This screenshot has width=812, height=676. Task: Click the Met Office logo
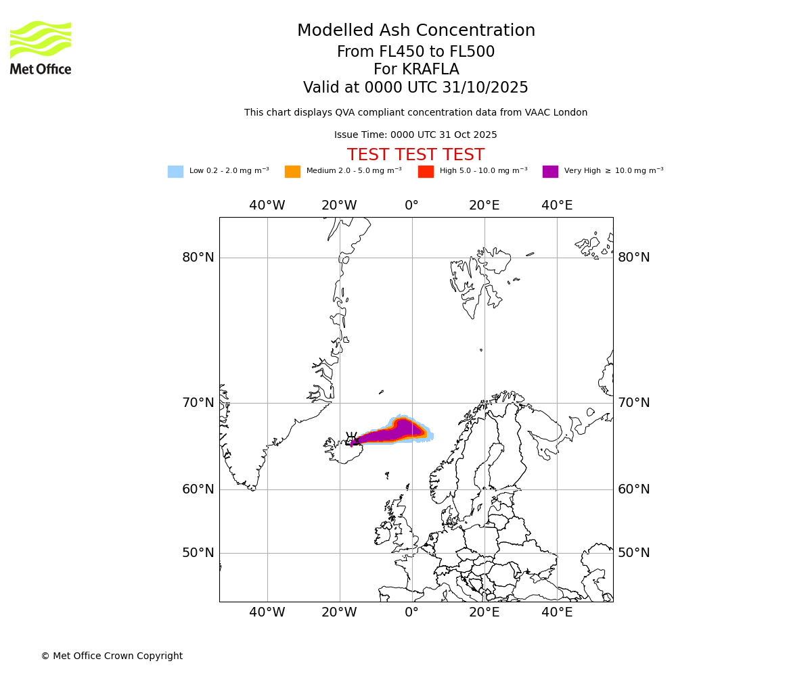(41, 47)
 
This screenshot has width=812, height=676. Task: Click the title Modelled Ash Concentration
(416, 31)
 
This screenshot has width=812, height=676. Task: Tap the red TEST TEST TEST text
(416, 155)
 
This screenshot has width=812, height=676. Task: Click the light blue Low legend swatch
(175, 172)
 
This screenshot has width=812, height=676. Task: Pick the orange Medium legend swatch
(292, 172)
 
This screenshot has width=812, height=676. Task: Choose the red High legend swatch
(426, 172)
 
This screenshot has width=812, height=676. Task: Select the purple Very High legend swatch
(550, 172)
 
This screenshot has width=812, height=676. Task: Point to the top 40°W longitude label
(267, 206)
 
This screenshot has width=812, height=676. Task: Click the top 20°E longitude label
(484, 206)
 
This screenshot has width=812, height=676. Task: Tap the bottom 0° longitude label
(411, 612)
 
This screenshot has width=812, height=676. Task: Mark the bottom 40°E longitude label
(557, 612)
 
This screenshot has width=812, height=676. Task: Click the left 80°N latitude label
(198, 258)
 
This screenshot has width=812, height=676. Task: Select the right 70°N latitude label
(633, 403)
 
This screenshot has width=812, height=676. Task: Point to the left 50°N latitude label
(198, 553)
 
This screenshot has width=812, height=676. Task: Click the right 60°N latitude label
(633, 489)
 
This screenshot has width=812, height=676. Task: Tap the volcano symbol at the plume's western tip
(351, 439)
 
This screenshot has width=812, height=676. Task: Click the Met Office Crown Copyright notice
(112, 656)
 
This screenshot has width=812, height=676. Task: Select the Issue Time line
(415, 135)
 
